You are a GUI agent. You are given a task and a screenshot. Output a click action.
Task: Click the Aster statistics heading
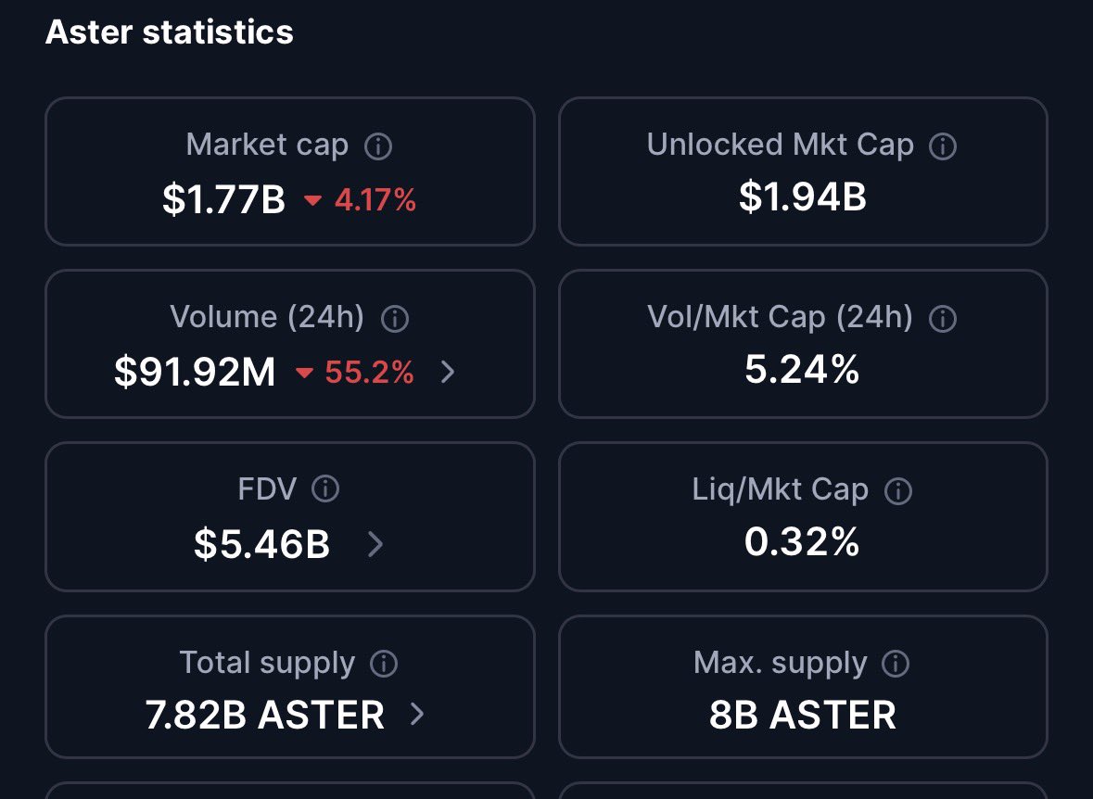[170, 32]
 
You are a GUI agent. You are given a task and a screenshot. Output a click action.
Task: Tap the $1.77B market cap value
[223, 199]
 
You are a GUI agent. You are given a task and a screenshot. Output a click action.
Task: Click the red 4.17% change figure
[375, 200]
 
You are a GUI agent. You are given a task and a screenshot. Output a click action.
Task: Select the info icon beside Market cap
[378, 146]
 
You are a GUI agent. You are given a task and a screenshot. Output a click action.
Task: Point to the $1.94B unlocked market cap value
[802, 197]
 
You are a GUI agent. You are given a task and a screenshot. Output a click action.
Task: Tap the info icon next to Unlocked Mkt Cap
[943, 146]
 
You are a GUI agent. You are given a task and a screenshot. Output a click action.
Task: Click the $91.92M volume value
[195, 372]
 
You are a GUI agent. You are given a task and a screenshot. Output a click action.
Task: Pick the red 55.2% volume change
[370, 373]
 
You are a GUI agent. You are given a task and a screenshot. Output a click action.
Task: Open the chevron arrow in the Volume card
[448, 372]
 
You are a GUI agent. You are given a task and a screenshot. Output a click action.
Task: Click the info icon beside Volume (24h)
[395, 319]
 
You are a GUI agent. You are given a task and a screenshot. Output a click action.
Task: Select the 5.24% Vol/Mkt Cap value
[802, 369]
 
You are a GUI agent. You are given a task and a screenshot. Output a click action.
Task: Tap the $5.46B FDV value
[261, 544]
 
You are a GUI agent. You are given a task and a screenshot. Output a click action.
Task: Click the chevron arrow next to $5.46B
[375, 544]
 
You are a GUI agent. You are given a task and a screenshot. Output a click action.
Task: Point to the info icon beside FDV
[325, 488]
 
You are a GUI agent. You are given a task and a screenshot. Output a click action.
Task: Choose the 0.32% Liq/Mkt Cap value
[802, 541]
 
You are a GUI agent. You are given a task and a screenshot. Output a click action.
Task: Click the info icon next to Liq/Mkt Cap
[897, 491]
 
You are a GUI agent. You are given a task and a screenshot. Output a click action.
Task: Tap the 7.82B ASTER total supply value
[265, 716]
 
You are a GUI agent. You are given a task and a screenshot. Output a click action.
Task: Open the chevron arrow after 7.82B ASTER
[417, 714]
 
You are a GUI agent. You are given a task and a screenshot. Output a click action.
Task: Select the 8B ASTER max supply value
[802, 716]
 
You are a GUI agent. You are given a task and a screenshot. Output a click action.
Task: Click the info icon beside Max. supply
[896, 664]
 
